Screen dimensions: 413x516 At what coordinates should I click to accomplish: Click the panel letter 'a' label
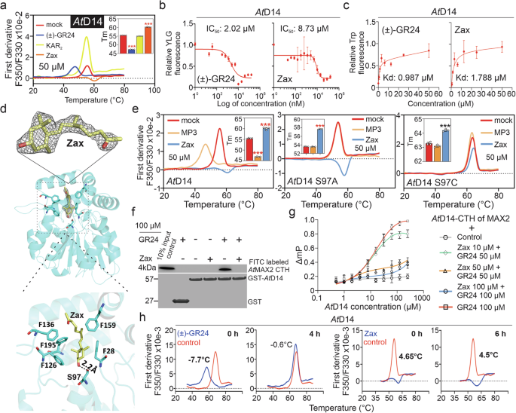coord(5,6)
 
